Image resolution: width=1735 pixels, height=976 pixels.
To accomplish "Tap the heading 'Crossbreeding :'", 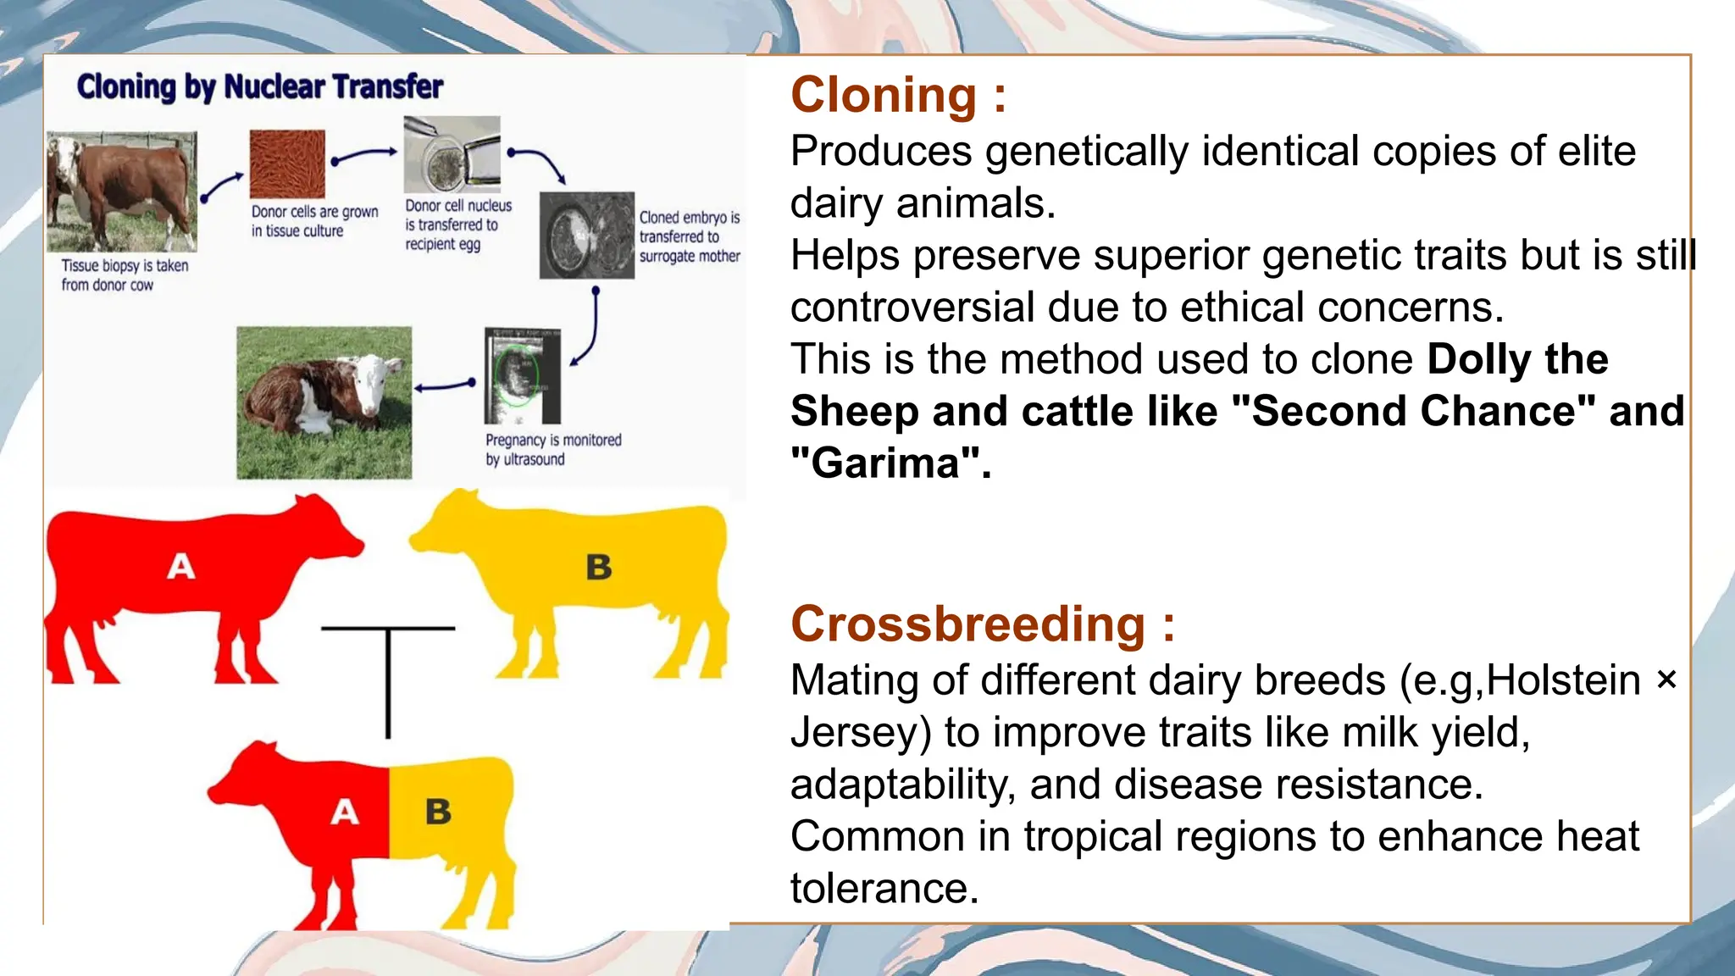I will coord(982,624).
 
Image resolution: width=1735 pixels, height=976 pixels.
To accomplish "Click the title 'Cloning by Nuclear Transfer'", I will coord(259,86).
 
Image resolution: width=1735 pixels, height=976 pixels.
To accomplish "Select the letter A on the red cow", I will coord(180,565).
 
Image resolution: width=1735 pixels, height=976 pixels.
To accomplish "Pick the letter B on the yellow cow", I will coord(598,567).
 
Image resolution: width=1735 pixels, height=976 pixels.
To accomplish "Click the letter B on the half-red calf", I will coord(438,812).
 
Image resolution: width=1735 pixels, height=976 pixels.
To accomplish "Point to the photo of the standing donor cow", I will coord(121,191).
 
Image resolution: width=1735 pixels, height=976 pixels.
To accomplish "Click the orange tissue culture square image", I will coord(287,164).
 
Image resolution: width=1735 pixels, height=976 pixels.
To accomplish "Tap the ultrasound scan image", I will coord(522,375).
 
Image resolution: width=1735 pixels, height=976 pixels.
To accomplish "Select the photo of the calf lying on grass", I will coord(324,402).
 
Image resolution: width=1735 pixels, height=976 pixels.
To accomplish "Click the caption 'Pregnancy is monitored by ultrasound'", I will coord(552,450).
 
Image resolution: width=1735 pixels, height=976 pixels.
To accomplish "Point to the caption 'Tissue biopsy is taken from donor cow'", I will coord(124,275).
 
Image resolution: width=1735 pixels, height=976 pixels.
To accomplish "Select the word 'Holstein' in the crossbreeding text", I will coord(1564,680).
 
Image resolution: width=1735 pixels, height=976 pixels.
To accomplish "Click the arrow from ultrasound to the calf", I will coord(446,386).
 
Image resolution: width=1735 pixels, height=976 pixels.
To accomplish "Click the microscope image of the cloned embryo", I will coord(586,236).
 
